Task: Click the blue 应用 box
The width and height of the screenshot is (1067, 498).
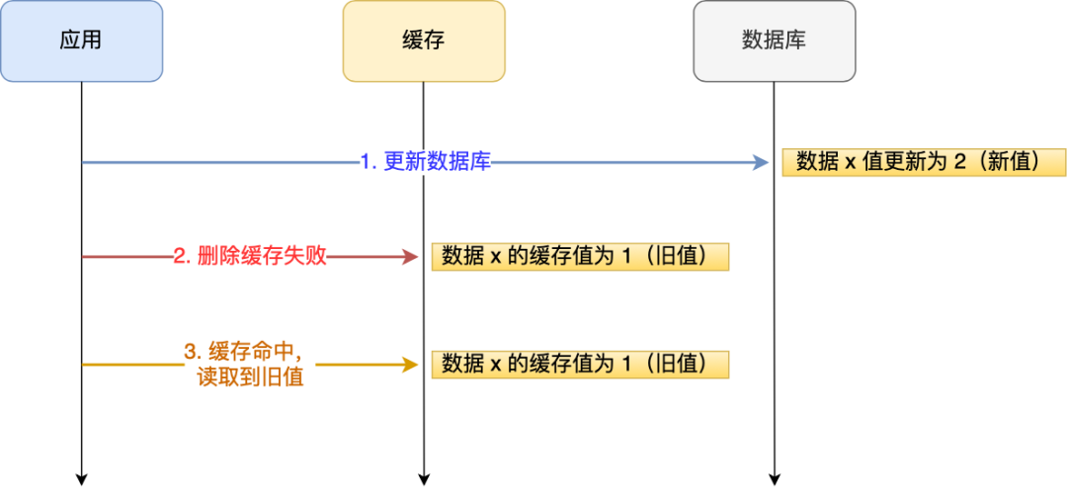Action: pos(81,41)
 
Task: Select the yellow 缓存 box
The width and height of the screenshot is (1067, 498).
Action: pos(423,41)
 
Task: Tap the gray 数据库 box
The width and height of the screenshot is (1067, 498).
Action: pos(774,41)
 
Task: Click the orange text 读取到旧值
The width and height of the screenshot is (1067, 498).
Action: pos(250,376)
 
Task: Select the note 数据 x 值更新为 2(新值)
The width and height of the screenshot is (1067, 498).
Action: pos(924,162)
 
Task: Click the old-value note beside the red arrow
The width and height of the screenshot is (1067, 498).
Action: pos(580,257)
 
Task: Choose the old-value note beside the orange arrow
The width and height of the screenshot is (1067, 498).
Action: pos(580,364)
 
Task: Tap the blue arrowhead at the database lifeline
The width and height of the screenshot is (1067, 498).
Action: pos(762,162)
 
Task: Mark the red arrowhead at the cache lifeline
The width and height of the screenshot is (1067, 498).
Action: pos(410,257)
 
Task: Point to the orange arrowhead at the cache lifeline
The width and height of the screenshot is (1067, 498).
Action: pos(410,365)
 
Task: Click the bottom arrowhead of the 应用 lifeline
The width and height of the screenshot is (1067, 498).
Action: pos(81,479)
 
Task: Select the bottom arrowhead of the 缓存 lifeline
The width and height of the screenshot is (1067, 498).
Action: pos(423,479)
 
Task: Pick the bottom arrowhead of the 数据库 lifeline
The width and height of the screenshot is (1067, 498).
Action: pos(774,479)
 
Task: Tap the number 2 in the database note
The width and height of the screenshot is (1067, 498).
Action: pos(958,162)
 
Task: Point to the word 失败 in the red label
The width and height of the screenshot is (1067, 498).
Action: pos(306,257)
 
